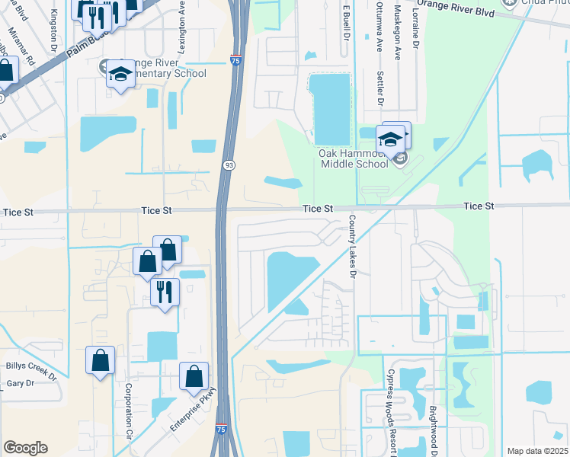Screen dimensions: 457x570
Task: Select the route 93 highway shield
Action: [229, 165]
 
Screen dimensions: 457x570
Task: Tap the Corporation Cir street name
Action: [128, 413]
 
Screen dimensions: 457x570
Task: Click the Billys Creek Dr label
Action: [31, 369]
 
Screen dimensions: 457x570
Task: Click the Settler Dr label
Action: [379, 91]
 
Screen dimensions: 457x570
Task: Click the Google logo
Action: [25, 448]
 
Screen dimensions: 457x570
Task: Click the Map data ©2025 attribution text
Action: [536, 451]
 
